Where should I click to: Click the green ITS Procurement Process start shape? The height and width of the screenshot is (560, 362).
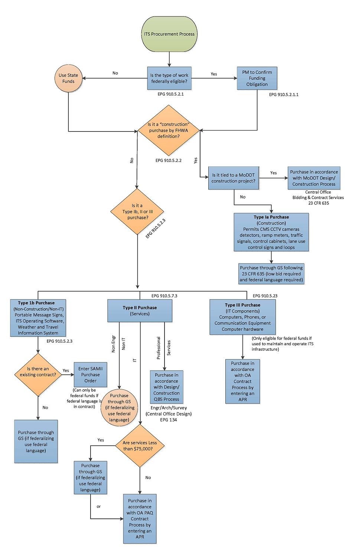[169, 34]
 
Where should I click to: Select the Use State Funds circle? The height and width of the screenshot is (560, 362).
[68, 78]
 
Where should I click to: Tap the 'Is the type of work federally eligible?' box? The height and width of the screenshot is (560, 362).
[169, 78]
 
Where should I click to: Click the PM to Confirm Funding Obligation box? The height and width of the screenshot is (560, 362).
[257, 78]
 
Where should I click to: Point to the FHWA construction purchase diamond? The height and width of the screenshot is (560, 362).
[169, 130]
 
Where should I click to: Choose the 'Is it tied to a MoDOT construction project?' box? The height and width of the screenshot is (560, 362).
[234, 178]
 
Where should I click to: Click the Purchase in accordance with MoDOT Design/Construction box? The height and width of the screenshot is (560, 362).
[314, 178]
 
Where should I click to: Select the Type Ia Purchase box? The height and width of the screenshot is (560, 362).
[271, 232]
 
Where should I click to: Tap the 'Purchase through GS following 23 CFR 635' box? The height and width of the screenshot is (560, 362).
[271, 274]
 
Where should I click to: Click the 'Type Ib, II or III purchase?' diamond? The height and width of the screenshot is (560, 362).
[137, 211]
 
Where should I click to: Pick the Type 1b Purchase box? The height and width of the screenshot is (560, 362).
[38, 318]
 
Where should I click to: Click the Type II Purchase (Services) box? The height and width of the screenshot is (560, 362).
[140, 311]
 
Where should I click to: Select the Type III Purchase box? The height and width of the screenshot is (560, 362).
[242, 317]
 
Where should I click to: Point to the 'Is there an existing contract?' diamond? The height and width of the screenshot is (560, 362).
[38, 375]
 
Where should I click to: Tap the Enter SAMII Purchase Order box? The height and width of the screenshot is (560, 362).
[91, 375]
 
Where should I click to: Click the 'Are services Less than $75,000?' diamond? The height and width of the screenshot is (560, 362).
[140, 446]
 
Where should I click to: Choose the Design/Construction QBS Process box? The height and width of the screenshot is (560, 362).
[166, 387]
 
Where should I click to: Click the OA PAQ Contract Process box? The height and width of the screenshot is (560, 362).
[140, 519]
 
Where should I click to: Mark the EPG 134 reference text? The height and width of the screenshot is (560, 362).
[169, 420]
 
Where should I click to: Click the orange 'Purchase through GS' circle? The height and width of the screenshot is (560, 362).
[119, 408]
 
